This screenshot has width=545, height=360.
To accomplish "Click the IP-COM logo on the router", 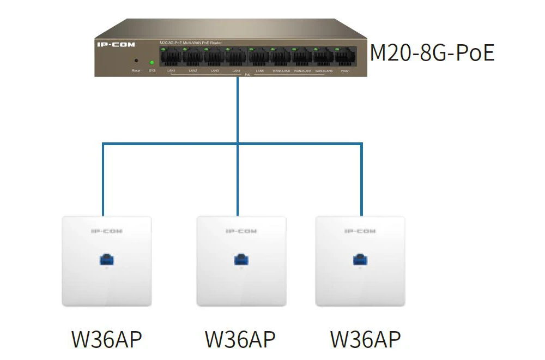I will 116,44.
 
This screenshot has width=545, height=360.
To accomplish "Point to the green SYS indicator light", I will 152,62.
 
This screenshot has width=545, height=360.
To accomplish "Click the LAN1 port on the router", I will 171,57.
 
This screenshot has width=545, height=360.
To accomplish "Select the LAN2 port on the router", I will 193,57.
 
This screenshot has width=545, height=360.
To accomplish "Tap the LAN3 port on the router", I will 215,57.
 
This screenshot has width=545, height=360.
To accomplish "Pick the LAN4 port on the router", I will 236,57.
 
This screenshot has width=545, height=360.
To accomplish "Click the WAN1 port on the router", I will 345,57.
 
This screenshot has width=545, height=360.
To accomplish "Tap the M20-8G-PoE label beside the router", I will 432,53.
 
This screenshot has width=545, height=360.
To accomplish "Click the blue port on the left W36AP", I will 106,259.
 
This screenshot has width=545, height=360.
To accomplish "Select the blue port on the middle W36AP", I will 241,259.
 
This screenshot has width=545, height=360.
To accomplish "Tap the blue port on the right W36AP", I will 360,259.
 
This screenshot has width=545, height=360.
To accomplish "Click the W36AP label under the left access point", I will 106,339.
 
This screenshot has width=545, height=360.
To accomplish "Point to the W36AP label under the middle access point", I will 240,339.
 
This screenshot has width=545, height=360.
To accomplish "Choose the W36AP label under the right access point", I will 365,339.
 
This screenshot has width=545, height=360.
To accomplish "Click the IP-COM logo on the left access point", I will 106,231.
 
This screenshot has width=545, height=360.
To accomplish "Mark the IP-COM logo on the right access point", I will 360,231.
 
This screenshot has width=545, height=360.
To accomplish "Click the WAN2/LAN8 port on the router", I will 324,57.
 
